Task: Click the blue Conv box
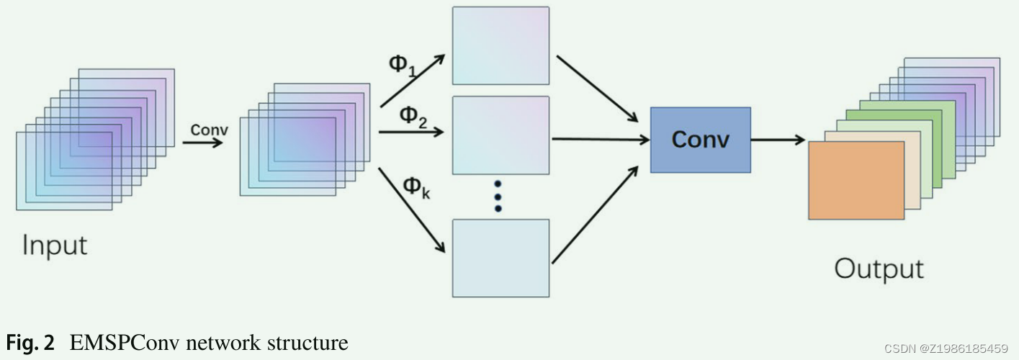(x=700, y=140)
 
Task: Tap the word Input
(x=55, y=246)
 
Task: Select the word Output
(x=879, y=269)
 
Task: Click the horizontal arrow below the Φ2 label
(x=410, y=132)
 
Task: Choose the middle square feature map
(x=500, y=135)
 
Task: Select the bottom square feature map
(x=500, y=258)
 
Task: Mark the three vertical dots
(x=498, y=196)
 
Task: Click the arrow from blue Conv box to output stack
(x=778, y=140)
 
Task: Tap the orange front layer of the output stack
(x=856, y=180)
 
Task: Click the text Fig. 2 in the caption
(x=30, y=343)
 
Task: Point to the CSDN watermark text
(x=944, y=348)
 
